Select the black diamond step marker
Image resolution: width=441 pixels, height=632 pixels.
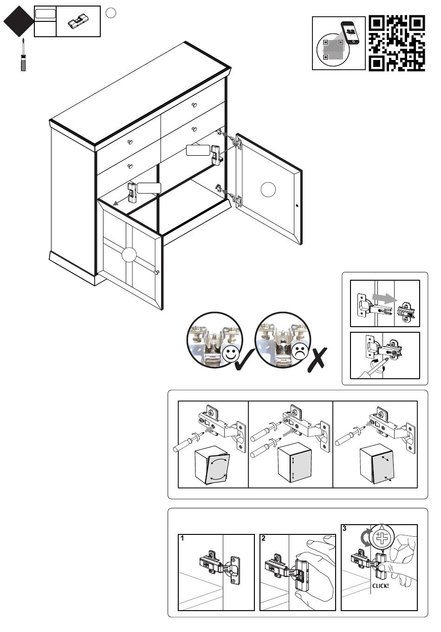tap(19, 21)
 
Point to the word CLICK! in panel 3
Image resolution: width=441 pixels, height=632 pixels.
tap(381, 586)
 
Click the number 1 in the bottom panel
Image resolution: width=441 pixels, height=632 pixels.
tap(182, 539)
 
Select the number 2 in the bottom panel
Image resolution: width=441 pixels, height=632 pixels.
tap(264, 539)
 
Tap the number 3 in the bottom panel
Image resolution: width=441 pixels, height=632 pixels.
tap(344, 528)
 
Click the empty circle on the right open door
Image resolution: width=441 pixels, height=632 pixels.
tap(268, 190)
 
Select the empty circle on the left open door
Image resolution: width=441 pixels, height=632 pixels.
tap(129, 255)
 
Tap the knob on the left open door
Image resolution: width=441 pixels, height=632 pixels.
tap(156, 272)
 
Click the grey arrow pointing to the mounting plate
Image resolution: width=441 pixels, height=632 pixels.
tap(383, 298)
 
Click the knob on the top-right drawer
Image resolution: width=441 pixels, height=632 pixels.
tap(194, 105)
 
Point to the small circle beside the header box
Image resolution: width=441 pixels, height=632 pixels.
tap(110, 13)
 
